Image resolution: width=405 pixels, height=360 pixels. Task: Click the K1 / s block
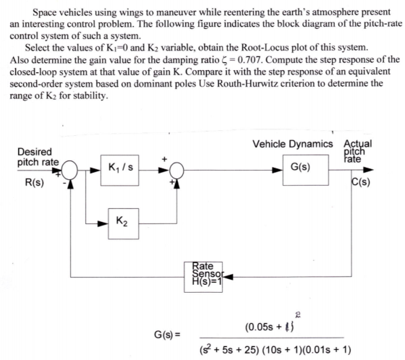pyautogui.click(x=119, y=170)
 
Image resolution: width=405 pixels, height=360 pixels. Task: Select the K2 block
pyautogui.click(x=123, y=223)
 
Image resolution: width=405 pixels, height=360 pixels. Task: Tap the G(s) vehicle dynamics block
pyautogui.click(x=305, y=170)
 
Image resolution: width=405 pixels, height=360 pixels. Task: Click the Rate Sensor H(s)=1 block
pyautogui.click(x=203, y=277)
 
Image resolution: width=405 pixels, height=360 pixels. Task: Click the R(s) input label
pyautogui.click(x=35, y=183)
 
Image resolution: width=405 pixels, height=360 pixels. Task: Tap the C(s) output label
pyautogui.click(x=361, y=182)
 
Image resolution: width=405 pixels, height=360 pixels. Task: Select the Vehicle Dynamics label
pyautogui.click(x=293, y=144)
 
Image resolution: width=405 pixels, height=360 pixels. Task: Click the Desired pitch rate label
pyautogui.click(x=38, y=157)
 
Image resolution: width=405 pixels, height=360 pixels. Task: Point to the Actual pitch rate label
pyautogui.click(x=357, y=151)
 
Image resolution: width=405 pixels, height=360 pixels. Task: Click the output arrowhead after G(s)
pyautogui.click(x=368, y=170)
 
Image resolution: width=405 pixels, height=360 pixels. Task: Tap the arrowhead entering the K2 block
pyautogui.click(x=103, y=223)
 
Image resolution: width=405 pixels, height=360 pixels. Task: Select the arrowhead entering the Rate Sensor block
pyautogui.click(x=228, y=277)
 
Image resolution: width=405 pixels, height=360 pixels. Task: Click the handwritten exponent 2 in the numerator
pyautogui.click(x=297, y=314)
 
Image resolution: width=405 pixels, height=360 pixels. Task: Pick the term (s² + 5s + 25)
pyautogui.click(x=229, y=350)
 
